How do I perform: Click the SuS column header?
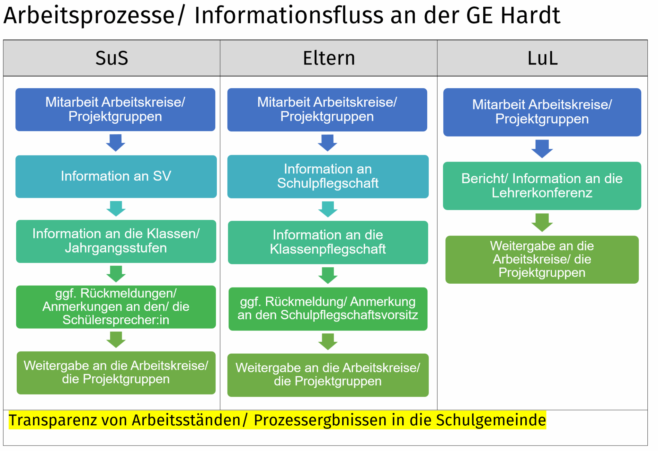coord(112,58)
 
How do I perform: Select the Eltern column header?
coord(329,58)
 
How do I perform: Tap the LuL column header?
coord(542,58)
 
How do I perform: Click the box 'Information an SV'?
coord(116,176)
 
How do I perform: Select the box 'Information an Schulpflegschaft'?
coord(328,176)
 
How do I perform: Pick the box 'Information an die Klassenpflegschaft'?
coord(328,242)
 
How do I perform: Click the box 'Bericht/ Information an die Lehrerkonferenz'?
coord(542,186)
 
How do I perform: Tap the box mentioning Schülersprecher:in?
coord(116,307)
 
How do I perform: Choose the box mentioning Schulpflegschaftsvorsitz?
coord(328,309)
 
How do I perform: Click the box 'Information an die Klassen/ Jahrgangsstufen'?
coord(116,241)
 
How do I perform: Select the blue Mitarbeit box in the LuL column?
coord(542,112)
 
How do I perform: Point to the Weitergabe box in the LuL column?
coord(542,260)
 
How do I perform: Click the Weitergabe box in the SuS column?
coord(116,373)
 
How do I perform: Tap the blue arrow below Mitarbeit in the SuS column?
coord(116,143)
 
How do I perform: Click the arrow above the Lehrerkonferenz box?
coord(542,149)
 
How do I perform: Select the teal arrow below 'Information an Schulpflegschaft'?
coord(328,209)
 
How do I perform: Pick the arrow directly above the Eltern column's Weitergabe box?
coord(328,341)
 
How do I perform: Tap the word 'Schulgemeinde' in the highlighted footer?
coord(491,420)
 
